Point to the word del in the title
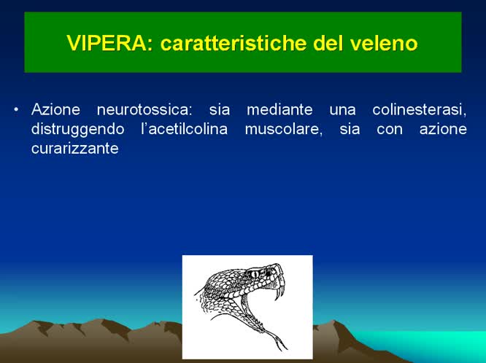point(332,43)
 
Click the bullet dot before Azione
point(16,110)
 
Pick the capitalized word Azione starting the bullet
point(53,111)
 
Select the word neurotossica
point(143,111)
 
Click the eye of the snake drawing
point(253,273)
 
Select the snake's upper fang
point(277,292)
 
